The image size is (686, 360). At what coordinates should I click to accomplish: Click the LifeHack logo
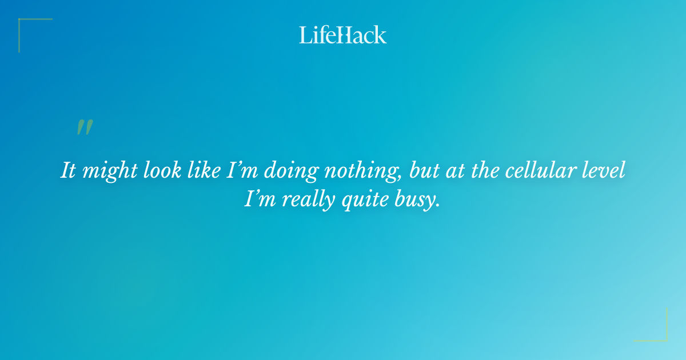tap(343, 35)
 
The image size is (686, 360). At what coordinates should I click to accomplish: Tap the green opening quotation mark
tap(85, 127)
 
